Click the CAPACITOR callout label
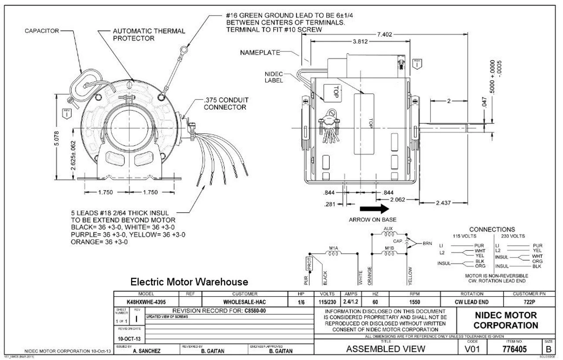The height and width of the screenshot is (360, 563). point(38,31)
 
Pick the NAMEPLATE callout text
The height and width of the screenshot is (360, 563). point(260,53)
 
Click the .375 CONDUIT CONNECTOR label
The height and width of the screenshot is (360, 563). point(226,103)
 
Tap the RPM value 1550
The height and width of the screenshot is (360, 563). point(414,302)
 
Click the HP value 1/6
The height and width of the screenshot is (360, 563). point(301,302)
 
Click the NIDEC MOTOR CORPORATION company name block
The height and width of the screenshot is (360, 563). point(506,320)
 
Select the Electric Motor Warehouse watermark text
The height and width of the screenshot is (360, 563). point(189,282)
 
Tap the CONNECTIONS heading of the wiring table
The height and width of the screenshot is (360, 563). point(492,230)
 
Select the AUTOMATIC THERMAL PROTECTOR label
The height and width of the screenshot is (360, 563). point(149,35)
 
